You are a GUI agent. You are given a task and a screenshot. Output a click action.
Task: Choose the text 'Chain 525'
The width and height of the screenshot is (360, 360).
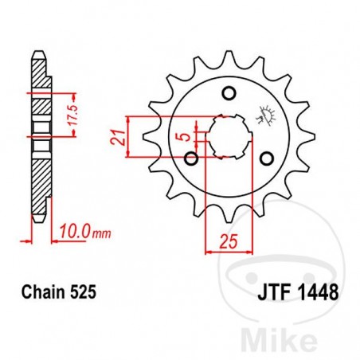[65, 293]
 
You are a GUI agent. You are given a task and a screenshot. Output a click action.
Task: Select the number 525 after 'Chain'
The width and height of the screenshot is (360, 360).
[87, 293]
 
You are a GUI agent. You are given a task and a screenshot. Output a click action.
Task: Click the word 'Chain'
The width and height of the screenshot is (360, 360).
[53, 293]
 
